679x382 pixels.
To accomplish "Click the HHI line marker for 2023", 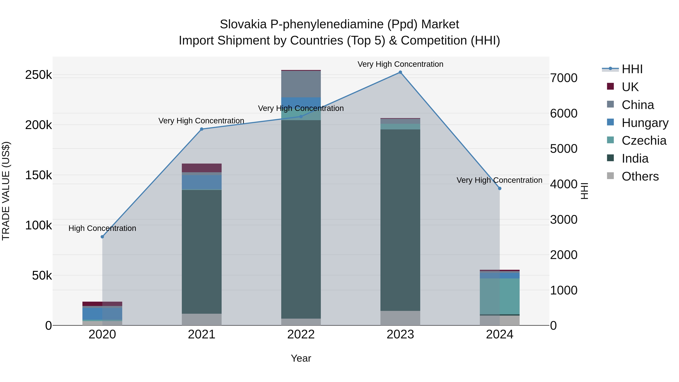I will coord(400,72).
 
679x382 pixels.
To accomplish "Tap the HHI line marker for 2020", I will coord(102,237).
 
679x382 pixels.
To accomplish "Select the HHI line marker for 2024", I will coord(499,188).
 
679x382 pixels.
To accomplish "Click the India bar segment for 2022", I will coord(301,219).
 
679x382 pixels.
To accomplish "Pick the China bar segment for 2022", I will coord(301,84).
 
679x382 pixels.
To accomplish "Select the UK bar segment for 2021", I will coord(202,168).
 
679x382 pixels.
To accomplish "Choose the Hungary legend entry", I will coord(645,123).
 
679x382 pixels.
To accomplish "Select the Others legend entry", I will coord(640,176).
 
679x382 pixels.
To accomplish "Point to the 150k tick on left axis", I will coord(38,175).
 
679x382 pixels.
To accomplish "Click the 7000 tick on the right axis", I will coord(564,78).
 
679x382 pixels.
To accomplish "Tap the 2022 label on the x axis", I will coord(301,334).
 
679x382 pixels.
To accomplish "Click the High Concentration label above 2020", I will coord(102,228).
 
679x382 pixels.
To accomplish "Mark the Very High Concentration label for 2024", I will coord(499,180).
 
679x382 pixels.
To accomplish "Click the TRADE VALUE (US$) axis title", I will coord(6,191).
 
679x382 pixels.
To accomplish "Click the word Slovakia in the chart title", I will coord(243,25).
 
